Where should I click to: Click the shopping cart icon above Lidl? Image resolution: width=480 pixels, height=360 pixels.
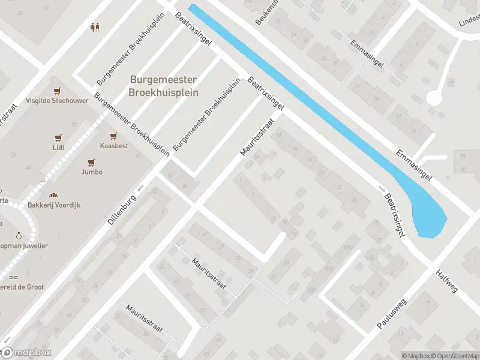(58, 137)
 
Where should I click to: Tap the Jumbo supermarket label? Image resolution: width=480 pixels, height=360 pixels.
(92, 172)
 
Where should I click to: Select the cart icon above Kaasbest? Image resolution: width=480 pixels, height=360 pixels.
(112, 136)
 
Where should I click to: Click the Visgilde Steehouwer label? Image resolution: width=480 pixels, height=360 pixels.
(57, 101)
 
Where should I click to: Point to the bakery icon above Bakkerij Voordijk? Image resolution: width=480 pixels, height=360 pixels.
(54, 195)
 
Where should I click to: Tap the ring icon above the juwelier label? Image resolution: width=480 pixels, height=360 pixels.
(19, 236)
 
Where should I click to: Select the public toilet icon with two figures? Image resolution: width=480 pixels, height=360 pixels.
(94, 27)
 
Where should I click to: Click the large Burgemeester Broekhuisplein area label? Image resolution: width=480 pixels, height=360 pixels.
(163, 86)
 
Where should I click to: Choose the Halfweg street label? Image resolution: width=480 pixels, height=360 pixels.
(447, 281)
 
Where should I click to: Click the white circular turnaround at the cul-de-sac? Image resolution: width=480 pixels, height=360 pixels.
(434, 97)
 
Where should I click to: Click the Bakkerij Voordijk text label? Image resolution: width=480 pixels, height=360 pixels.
(54, 205)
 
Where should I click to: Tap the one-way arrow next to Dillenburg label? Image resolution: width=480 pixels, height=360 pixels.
(140, 188)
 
